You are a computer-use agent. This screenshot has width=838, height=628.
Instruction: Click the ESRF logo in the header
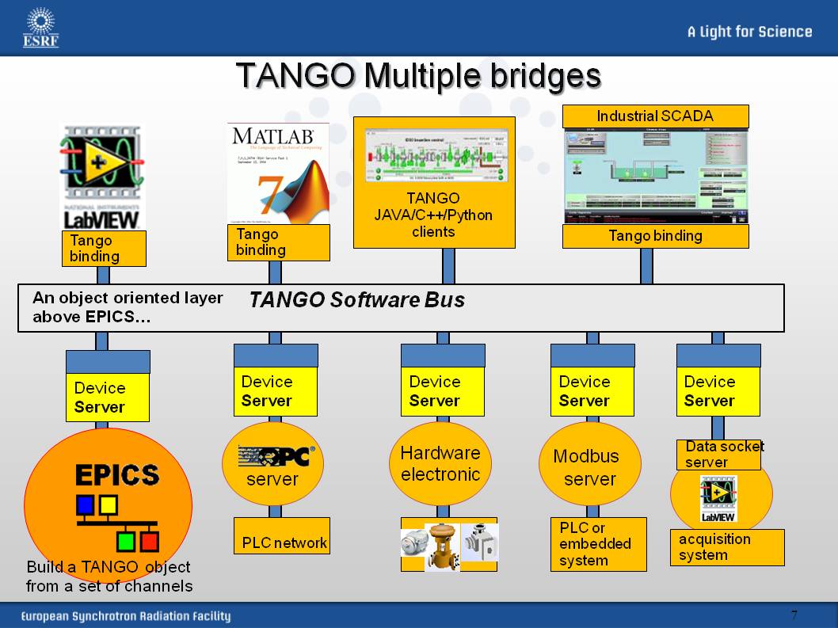(40, 28)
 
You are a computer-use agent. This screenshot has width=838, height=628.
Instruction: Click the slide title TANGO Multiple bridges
(418, 76)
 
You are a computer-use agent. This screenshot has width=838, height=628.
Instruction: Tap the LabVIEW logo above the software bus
(103, 177)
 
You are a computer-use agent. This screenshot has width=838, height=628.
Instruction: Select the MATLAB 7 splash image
(278, 173)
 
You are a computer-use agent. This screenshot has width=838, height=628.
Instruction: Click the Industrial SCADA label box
(655, 116)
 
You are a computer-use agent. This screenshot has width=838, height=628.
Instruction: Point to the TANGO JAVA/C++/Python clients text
(433, 214)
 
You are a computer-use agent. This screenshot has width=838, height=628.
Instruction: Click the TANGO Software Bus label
(357, 300)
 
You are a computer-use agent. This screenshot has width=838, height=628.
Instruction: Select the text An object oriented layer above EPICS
(128, 308)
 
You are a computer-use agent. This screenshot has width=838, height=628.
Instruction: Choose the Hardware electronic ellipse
(440, 464)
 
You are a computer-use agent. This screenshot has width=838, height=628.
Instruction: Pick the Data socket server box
(718, 455)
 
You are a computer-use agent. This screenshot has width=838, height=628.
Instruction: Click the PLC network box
(283, 542)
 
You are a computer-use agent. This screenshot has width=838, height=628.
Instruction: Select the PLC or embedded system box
(598, 544)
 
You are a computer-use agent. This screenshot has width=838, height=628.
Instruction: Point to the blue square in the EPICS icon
(85, 504)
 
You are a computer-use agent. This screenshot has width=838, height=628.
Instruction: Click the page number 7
(794, 615)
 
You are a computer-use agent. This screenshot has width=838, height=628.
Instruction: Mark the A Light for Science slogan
(749, 32)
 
